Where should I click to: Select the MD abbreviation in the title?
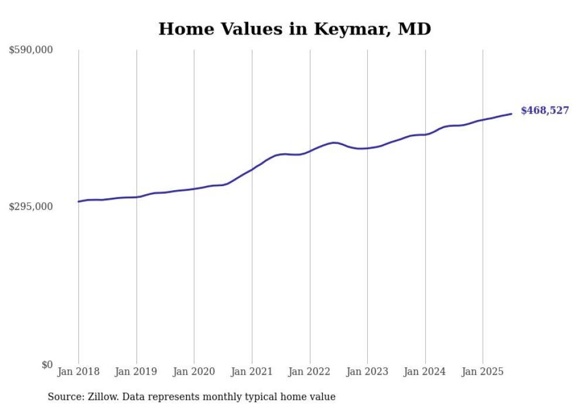pyautogui.click(x=415, y=29)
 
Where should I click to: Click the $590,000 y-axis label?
pyautogui.click(x=31, y=50)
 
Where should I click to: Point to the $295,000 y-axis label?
pyautogui.click(x=31, y=207)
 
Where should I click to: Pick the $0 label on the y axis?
pyautogui.click(x=47, y=365)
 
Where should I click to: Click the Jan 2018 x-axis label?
pyautogui.click(x=78, y=372)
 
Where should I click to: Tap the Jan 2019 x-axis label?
pyautogui.click(x=136, y=372)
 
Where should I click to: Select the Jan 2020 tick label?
pyautogui.click(x=194, y=372)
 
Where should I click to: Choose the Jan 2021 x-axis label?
pyautogui.click(x=252, y=372)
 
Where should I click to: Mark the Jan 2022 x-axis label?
pyautogui.click(x=310, y=372)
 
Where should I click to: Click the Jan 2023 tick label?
pyautogui.click(x=367, y=372)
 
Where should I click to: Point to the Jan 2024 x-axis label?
pyautogui.click(x=425, y=372)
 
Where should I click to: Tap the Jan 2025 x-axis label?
pyautogui.click(x=483, y=372)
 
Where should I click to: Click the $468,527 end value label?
pyautogui.click(x=545, y=111)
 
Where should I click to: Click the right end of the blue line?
pyautogui.click(x=511, y=114)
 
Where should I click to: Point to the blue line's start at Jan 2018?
pyautogui.click(x=78, y=201)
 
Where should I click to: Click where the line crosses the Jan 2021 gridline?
pyautogui.click(x=252, y=170)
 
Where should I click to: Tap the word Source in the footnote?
pyautogui.click(x=64, y=397)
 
